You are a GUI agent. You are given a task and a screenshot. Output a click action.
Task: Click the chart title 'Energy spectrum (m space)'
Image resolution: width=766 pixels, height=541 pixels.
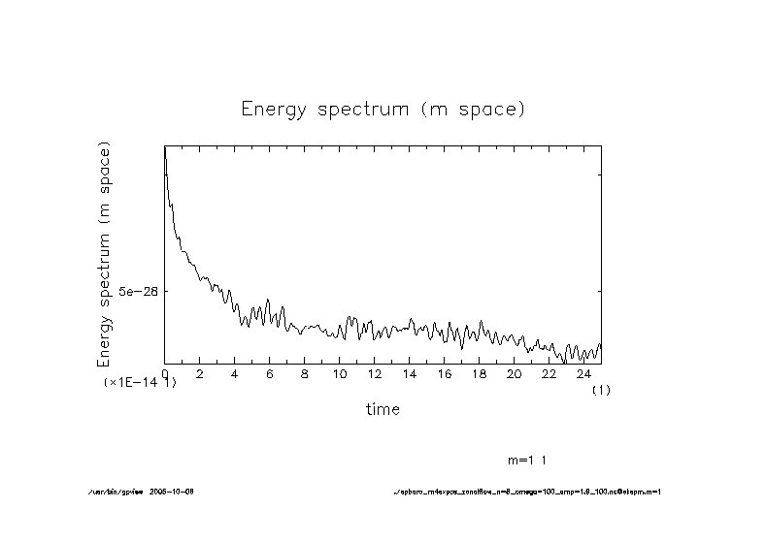(383, 109)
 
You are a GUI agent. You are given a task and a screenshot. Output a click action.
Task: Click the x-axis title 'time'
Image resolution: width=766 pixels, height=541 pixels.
(383, 409)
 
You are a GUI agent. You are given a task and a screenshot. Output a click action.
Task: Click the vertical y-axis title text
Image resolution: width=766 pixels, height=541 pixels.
(104, 253)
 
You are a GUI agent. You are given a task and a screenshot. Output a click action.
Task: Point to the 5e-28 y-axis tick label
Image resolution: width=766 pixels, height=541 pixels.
(138, 291)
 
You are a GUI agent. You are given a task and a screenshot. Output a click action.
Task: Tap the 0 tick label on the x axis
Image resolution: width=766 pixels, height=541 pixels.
(165, 373)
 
